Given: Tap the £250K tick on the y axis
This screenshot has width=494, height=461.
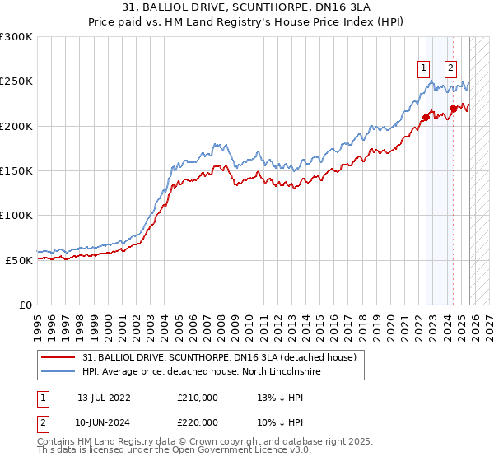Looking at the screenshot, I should (x=16, y=81).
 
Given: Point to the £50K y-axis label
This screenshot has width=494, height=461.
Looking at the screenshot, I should (x=19, y=260).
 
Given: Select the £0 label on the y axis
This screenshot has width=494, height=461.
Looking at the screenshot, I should (x=26, y=305).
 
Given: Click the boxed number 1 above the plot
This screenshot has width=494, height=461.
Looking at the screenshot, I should (x=423, y=69).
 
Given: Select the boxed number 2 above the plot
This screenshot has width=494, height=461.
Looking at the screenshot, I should (x=451, y=69).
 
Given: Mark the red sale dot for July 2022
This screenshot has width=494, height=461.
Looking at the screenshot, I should (x=426, y=117).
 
